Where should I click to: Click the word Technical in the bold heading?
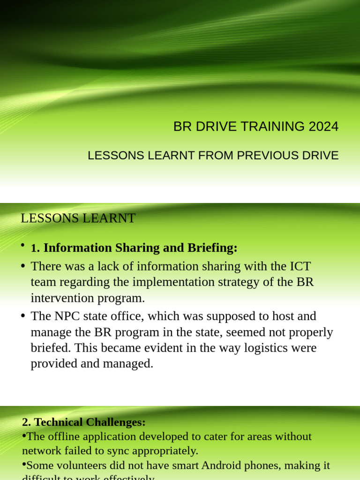coord(57,422)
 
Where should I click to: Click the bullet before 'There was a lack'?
coord(23,266)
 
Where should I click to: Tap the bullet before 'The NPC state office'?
coord(23,316)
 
